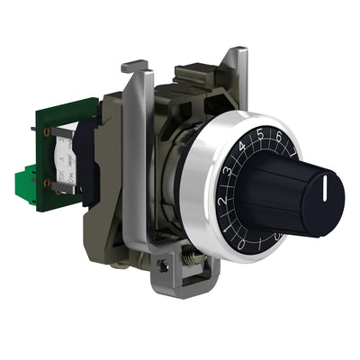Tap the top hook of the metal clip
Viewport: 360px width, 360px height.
click(x=134, y=66)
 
